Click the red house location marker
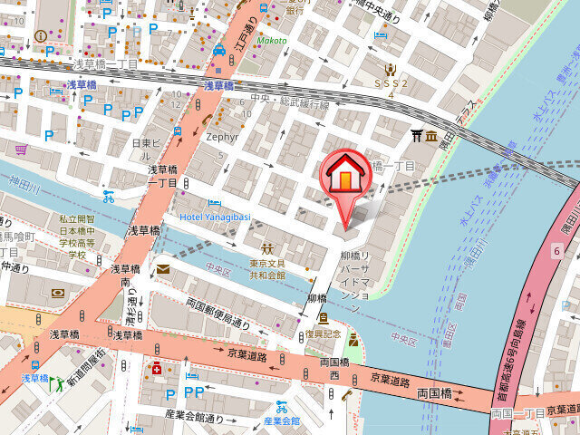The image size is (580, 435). pos(345,174)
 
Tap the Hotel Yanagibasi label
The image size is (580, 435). pos(214,217)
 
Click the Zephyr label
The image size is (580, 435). pos(222,137)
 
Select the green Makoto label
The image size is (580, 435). pos(271,41)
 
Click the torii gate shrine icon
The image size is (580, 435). pos(417,136)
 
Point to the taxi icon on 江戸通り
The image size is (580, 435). pos(219,51)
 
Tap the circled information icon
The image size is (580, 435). pos(40,35)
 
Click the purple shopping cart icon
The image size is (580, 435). pos(20,149)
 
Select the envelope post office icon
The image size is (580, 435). pos(163,268)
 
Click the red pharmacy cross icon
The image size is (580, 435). pos(157,369)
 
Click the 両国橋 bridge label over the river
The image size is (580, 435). pos(434,394)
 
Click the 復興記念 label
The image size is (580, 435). pos(323,333)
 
